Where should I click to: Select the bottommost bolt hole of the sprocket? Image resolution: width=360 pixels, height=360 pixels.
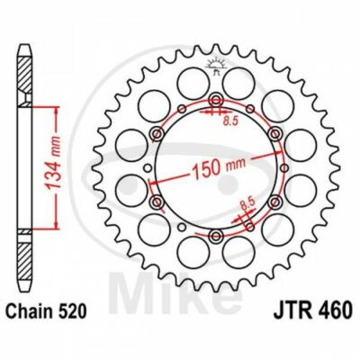click(x=216, y=236)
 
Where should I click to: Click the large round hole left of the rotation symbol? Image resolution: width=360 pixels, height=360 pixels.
click(x=191, y=83)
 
